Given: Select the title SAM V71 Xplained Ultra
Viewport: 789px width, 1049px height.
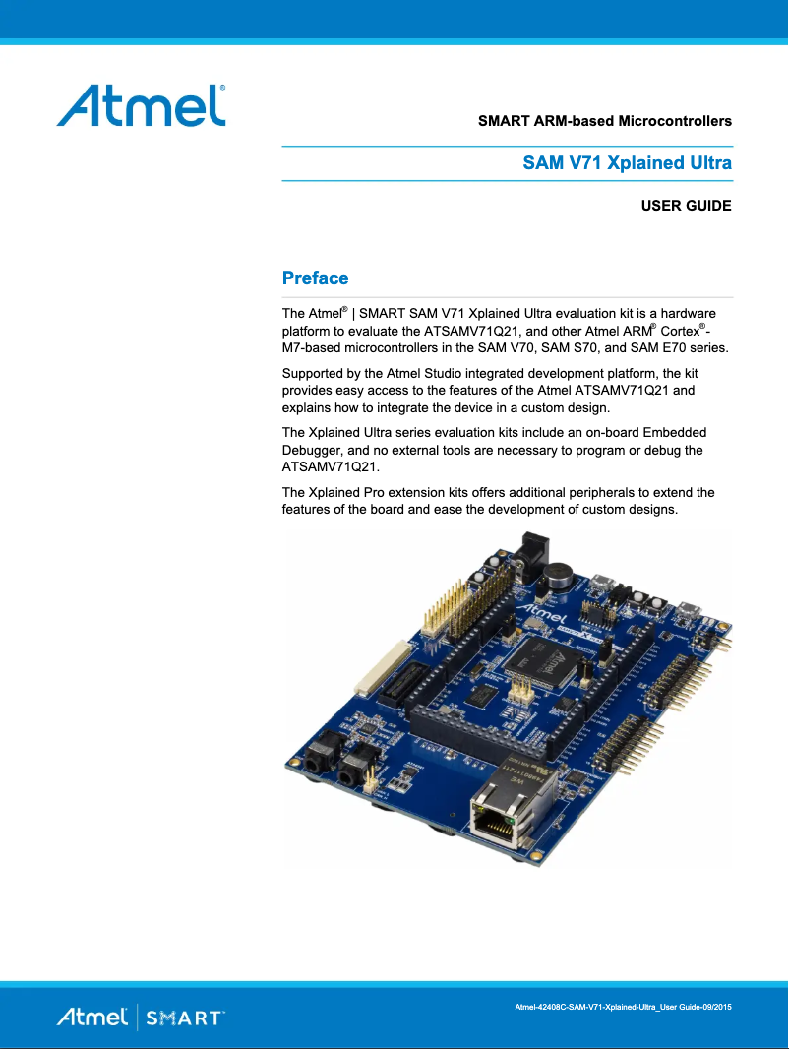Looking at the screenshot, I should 627,163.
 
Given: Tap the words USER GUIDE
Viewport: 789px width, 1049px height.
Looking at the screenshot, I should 686,206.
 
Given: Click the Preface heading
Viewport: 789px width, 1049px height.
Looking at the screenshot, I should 315,278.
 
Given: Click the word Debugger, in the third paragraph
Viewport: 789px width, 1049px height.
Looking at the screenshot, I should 314,450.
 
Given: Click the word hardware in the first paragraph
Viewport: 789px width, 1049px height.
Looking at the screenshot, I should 695,314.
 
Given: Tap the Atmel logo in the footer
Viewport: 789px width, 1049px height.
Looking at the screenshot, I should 91,1017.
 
